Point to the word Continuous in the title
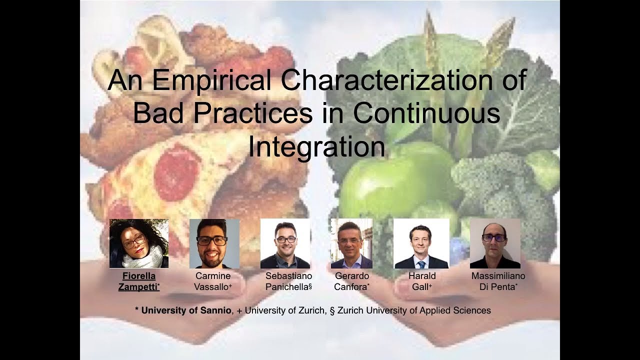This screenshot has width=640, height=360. click(x=426, y=113)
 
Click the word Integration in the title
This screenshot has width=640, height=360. click(x=317, y=146)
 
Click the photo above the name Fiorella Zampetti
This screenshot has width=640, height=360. click(x=139, y=243)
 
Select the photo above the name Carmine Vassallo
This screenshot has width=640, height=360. click(x=214, y=243)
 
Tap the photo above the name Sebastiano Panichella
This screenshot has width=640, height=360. click(x=285, y=243)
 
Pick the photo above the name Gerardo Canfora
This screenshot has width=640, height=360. click(x=351, y=243)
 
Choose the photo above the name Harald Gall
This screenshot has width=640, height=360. click(x=421, y=243)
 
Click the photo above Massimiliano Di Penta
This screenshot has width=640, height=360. click(x=495, y=243)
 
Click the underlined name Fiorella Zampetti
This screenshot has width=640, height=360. click(x=138, y=281)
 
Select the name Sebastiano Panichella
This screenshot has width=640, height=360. click(x=288, y=281)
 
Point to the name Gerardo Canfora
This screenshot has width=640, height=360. click(x=352, y=281)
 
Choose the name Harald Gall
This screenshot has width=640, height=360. click(x=422, y=281)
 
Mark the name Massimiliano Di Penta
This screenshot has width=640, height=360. click(x=498, y=281)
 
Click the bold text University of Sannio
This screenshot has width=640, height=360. click(x=186, y=310)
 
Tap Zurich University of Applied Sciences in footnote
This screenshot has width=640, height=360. click(x=414, y=310)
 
